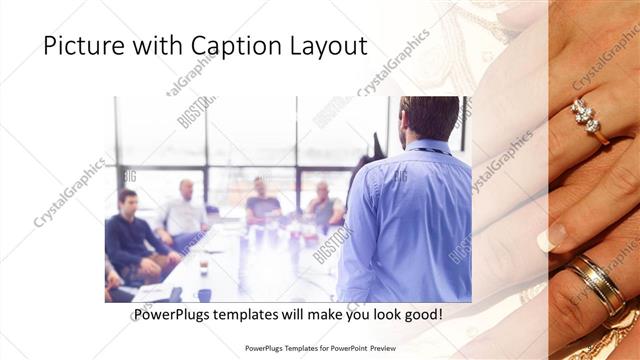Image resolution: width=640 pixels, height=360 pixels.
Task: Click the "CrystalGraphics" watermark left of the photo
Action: tap(70, 190)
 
